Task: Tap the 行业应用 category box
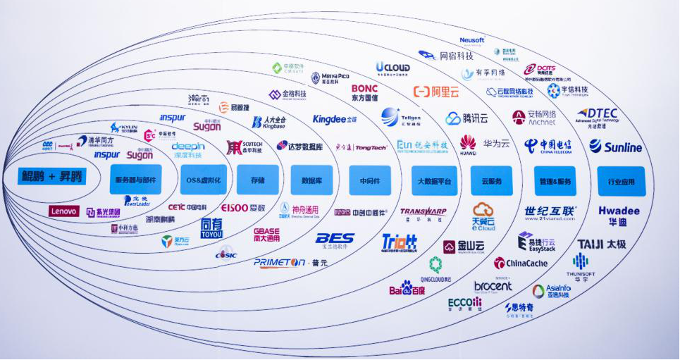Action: [620, 181]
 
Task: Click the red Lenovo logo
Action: [63, 211]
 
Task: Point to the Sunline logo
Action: [616, 147]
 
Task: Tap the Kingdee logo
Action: [335, 119]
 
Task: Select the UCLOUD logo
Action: [392, 68]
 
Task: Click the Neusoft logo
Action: [472, 41]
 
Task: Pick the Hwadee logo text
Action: [619, 211]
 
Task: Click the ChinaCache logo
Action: [521, 263]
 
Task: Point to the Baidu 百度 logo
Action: [407, 288]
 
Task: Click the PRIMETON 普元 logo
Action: [290, 262]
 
